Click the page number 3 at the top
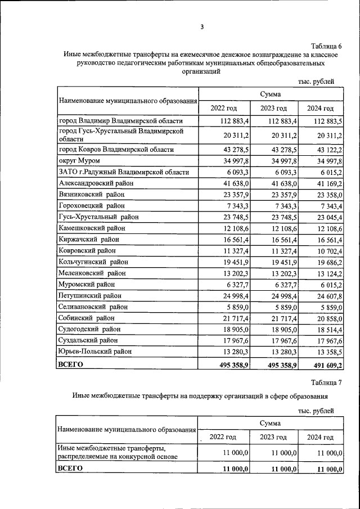(202, 26)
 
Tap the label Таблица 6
(326, 46)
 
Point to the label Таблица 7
(326, 382)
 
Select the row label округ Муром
(79, 161)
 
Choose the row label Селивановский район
(93, 307)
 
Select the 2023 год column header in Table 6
(273, 108)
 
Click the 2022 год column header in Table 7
(223, 437)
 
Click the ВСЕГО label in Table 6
(71, 364)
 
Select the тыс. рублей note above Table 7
(316, 411)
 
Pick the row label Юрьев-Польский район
(94, 352)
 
